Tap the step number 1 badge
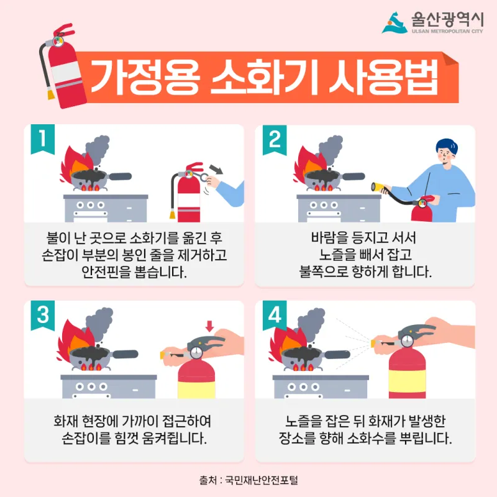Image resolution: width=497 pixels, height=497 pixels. click(43, 139)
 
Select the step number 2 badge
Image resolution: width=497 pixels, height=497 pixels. click(275, 139)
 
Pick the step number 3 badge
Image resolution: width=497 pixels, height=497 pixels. click(43, 315)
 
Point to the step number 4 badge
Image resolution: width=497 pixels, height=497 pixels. click(275, 315)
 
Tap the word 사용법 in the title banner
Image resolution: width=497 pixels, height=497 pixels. click(383, 77)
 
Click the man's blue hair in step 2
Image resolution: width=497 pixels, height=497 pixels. click(447, 146)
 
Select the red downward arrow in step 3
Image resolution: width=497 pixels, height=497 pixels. click(209, 326)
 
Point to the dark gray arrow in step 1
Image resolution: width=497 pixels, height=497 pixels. click(216, 169)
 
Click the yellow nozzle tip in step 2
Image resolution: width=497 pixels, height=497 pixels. click(376, 188)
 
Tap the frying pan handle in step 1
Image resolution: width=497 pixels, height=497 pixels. click(119, 176)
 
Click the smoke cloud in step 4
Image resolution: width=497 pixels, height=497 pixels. click(311, 324)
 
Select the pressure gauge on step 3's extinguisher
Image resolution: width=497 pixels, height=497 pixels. click(196, 352)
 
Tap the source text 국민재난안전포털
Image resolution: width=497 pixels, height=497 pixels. click(262, 480)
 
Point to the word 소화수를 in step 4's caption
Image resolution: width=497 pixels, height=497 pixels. click(372, 439)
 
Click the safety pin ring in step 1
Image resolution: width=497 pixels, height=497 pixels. click(203, 176)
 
